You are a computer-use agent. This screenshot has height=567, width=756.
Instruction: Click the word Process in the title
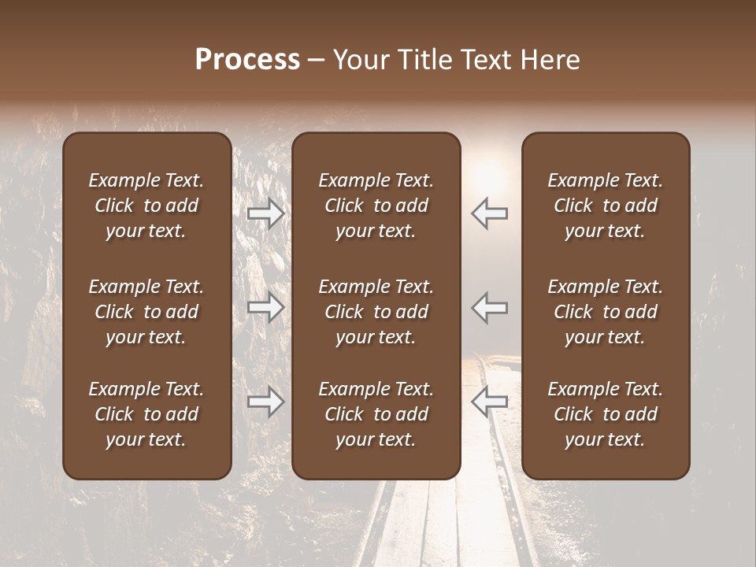click(247, 60)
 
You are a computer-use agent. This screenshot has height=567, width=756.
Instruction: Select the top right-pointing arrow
click(265, 213)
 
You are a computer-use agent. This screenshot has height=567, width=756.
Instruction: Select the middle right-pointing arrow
click(265, 307)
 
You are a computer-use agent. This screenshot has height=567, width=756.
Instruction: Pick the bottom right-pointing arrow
click(265, 402)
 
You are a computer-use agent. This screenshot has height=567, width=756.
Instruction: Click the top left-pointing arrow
click(490, 213)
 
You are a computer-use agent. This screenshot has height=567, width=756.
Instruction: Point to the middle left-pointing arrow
click(490, 307)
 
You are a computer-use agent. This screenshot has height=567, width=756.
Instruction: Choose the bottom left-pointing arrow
click(490, 402)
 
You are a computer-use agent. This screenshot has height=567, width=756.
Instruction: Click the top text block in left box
click(146, 206)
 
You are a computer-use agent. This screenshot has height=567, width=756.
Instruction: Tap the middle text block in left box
click(146, 312)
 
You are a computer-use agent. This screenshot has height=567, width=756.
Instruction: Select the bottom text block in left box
click(146, 414)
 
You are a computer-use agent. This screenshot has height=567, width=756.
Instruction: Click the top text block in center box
click(376, 206)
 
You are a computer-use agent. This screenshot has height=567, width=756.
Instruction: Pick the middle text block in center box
click(376, 312)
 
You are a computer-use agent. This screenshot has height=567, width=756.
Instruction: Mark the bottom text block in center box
click(376, 414)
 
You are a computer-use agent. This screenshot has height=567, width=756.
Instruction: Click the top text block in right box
click(605, 206)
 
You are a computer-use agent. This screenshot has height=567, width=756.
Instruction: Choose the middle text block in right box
click(605, 312)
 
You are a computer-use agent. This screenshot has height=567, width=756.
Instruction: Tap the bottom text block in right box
click(605, 414)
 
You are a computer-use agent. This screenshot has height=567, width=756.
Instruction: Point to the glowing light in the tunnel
click(489, 169)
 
